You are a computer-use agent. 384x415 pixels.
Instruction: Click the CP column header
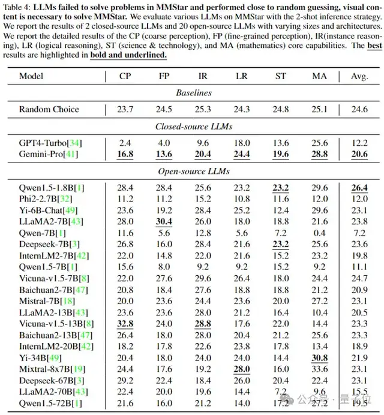125,76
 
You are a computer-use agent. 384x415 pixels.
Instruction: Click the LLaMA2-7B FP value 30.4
164,222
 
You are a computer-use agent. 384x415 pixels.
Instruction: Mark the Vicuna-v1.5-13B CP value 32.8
125,324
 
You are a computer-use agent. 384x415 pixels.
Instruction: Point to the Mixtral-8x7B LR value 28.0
242,369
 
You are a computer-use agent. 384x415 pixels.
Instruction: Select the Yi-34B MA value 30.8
320,358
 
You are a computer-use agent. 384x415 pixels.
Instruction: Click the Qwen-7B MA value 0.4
320,233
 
